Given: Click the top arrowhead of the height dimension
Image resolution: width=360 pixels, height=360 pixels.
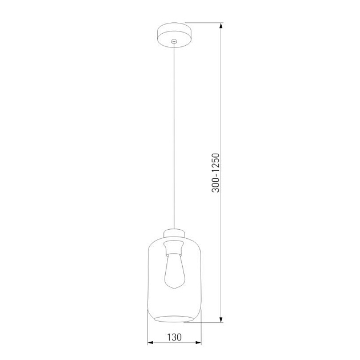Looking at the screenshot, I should pyautogui.click(x=221, y=25).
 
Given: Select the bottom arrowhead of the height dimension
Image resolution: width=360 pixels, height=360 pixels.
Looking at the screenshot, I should pyautogui.click(x=221, y=321).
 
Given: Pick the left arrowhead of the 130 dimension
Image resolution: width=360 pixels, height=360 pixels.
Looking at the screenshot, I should pyautogui.click(x=151, y=343).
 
